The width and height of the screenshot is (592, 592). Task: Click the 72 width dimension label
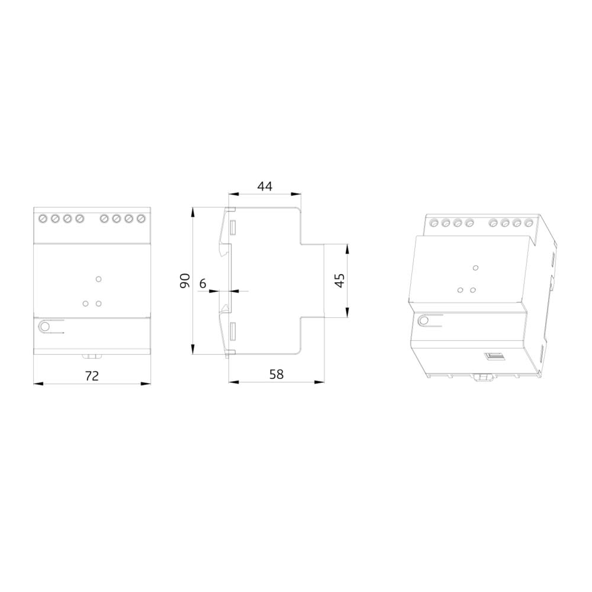(x=92, y=376)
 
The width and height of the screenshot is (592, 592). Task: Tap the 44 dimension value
(x=265, y=186)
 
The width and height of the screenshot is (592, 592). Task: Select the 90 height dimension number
(x=185, y=281)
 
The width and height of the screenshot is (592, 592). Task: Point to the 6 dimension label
(x=202, y=283)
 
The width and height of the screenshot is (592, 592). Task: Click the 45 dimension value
(x=340, y=281)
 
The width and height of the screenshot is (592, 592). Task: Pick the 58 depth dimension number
(x=276, y=374)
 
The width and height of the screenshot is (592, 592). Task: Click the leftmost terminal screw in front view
(x=43, y=218)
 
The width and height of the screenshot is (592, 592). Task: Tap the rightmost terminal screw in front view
(x=141, y=218)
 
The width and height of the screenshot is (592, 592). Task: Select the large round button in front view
(x=44, y=327)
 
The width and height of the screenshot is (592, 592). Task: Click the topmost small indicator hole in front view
(x=98, y=279)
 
